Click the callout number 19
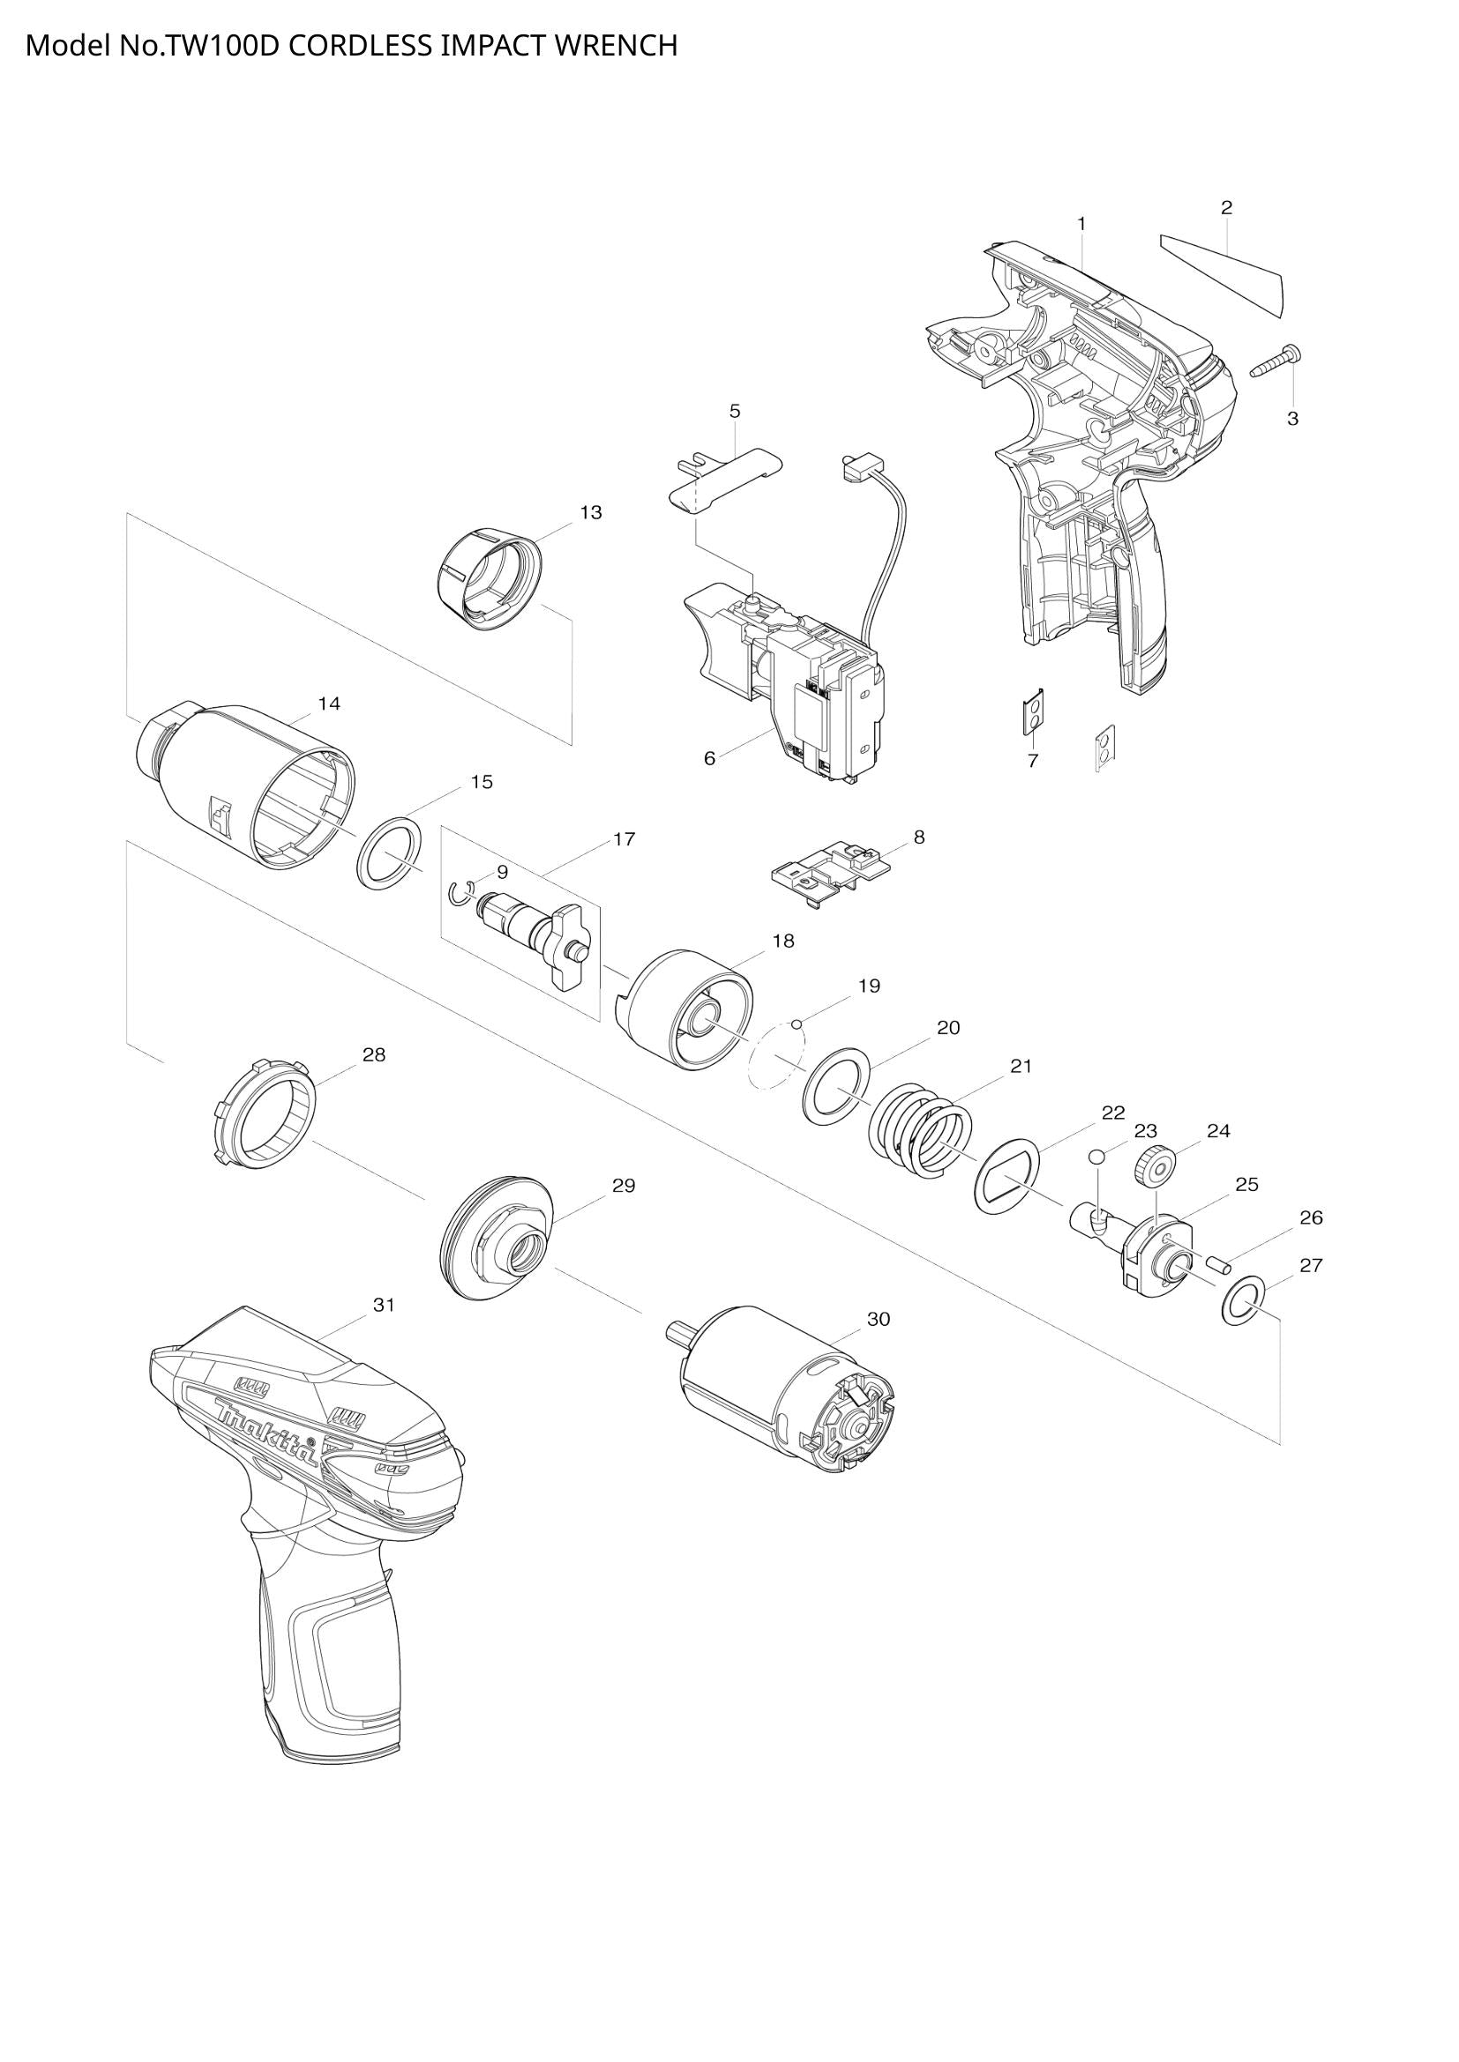tap(868, 986)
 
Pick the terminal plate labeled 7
tap(1035, 714)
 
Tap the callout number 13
tap(590, 513)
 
